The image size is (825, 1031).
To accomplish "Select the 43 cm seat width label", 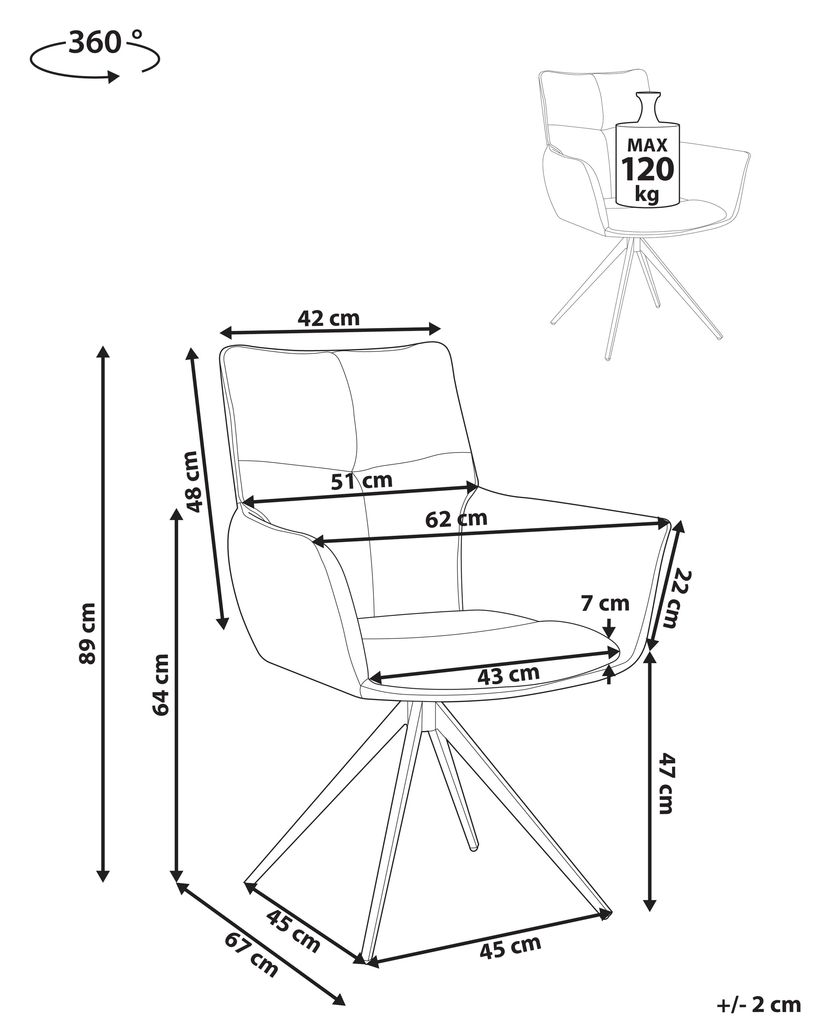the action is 509,675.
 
